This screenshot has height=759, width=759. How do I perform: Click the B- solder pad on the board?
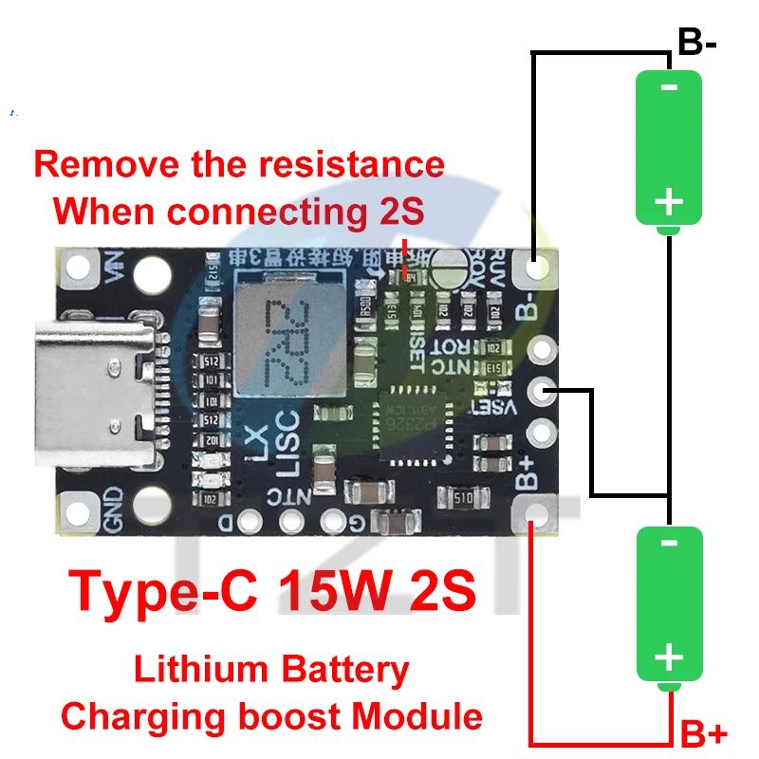[x=538, y=269]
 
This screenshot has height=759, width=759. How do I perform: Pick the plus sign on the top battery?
[x=669, y=201]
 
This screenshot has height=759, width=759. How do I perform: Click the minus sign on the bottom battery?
[x=669, y=543]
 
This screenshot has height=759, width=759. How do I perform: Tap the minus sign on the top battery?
[x=669, y=88]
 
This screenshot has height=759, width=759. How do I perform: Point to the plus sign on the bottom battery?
[x=669, y=657]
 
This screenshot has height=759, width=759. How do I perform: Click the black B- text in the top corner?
[x=697, y=42]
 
